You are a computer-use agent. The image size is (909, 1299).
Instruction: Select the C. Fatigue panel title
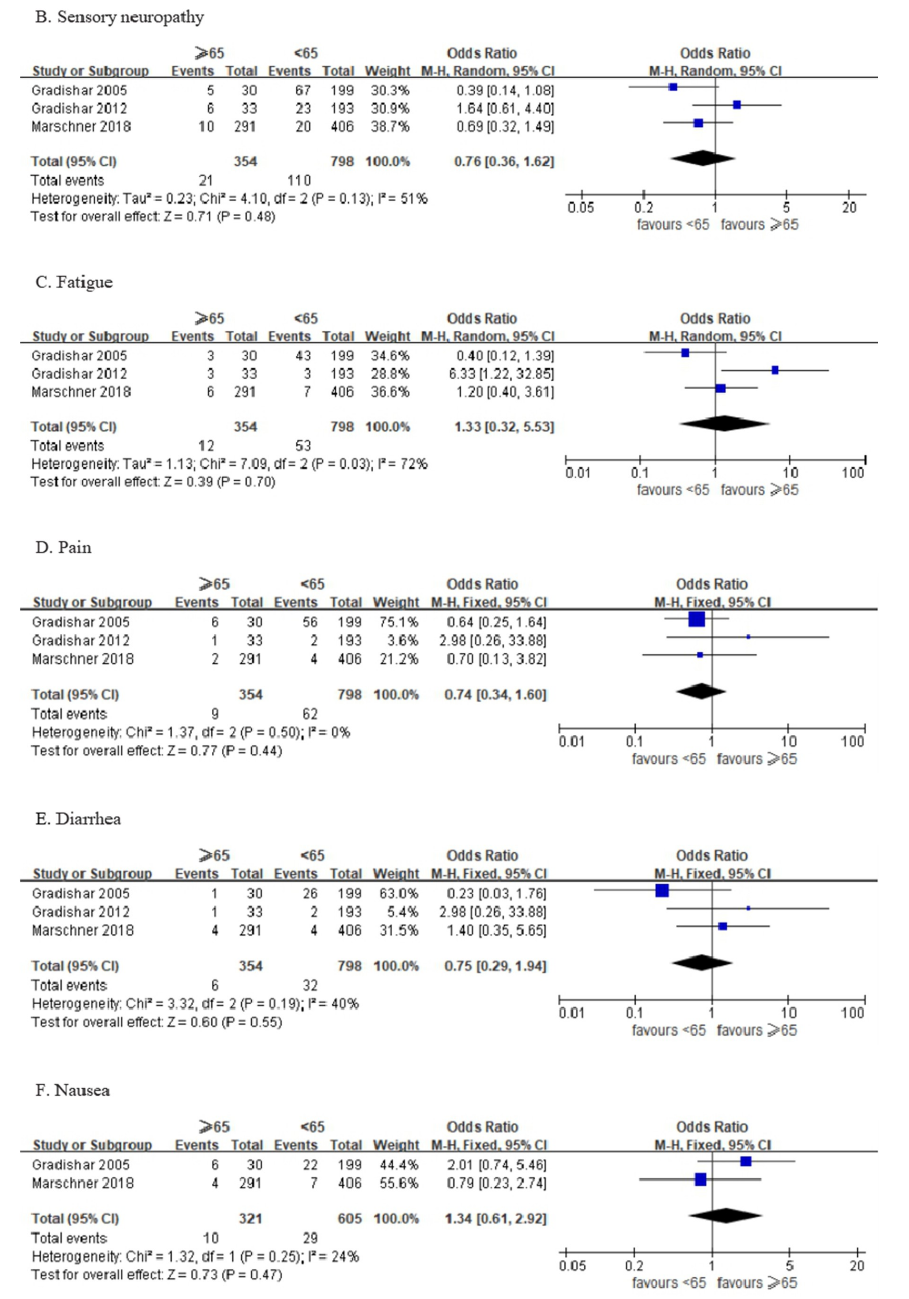pyautogui.click(x=74, y=282)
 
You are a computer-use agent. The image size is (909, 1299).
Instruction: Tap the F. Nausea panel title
pyautogui.click(x=72, y=1090)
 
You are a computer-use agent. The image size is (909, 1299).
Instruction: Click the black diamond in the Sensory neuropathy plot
pyautogui.click(x=703, y=158)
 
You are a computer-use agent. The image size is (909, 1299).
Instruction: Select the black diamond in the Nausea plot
pyautogui.click(x=725, y=1215)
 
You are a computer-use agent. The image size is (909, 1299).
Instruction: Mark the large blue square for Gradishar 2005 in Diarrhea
pyautogui.click(x=662, y=891)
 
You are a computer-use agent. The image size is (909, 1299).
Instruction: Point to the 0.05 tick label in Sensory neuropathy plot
pyautogui.click(x=581, y=208)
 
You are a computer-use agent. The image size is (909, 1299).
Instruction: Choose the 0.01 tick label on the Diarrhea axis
pyautogui.click(x=571, y=1013)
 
